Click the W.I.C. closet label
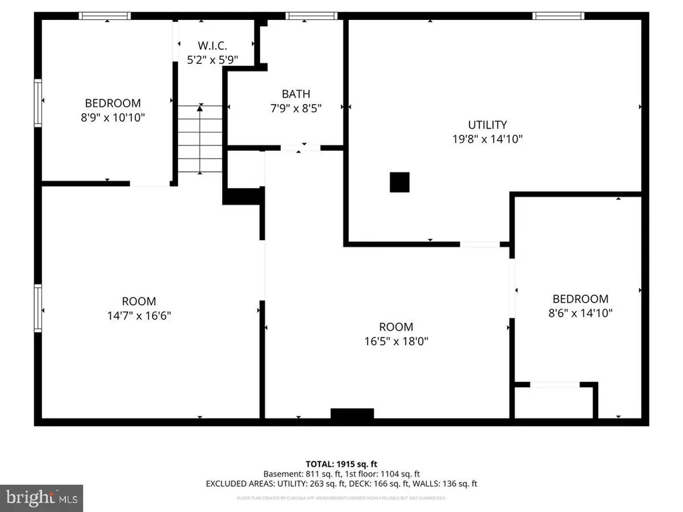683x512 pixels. pos(213,46)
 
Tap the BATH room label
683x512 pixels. pos(295,94)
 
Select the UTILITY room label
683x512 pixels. pos(487,125)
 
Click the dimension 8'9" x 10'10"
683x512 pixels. pos(113,117)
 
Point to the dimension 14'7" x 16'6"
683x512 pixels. pos(139,315)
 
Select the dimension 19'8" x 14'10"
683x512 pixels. pos(487,139)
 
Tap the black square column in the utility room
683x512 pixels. pos(400,182)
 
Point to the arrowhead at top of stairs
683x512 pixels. pos(200,109)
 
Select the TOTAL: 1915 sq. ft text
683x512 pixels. pos(341,464)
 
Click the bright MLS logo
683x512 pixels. pos(41,497)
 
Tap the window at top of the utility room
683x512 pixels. pos(558,15)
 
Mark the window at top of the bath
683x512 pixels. pos(311,15)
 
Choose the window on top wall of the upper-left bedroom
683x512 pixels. pos(105,15)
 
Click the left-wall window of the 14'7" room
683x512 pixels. pos(38,308)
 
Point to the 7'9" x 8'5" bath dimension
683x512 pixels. pos(295,109)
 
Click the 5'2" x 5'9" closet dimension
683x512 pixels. pos(213,60)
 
